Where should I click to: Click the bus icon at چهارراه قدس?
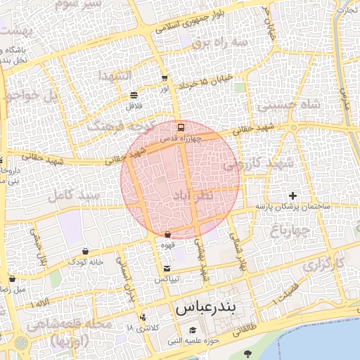[181, 128]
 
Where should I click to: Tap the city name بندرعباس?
[207, 308]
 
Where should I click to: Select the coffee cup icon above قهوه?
[167, 235]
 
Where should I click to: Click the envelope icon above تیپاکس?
[167, 269]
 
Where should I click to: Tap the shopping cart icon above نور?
[165, 79]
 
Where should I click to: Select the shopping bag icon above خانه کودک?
[85, 251]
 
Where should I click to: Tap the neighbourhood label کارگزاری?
[324, 266]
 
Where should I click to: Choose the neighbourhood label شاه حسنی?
[288, 104]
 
